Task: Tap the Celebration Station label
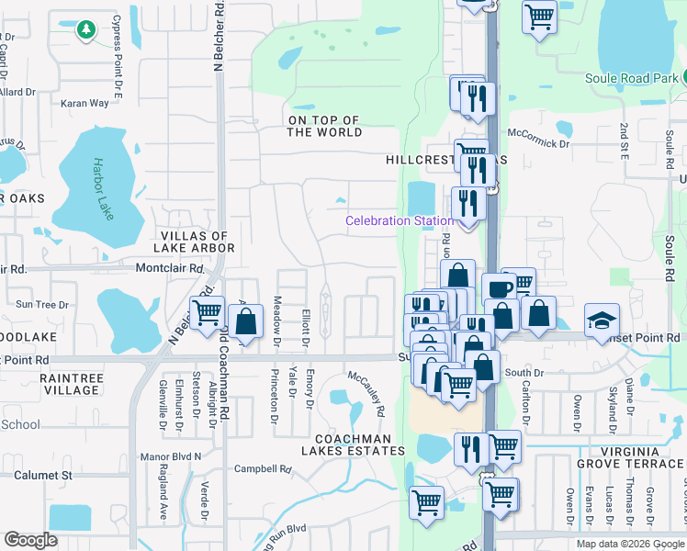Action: tap(399, 220)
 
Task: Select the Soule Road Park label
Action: tap(633, 78)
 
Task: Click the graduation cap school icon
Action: tap(601, 320)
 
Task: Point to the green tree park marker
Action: tap(85, 30)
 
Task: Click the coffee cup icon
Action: tap(499, 289)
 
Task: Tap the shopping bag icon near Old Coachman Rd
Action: tap(245, 322)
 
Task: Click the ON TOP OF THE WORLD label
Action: tap(323, 126)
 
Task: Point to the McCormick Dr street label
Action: tap(537, 143)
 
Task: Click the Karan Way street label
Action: tap(84, 104)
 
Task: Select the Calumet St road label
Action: tap(42, 475)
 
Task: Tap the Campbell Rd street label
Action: tap(263, 468)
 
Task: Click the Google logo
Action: tap(31, 540)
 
